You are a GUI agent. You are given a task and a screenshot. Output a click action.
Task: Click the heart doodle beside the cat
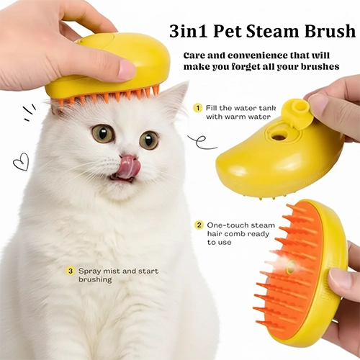pos(21,162)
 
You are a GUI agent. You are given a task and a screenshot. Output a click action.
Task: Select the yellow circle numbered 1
pos(198,108)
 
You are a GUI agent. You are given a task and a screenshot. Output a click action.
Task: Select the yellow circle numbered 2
pos(199,225)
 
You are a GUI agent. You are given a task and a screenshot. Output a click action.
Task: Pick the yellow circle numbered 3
pos(70,271)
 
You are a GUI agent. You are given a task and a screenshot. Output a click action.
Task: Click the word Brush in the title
pos(330,31)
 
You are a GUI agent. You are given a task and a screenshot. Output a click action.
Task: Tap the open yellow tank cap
pos(294,111)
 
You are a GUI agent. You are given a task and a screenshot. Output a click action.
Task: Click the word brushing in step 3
pos(95,280)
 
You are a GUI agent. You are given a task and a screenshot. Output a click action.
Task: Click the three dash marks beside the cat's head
pos(29,112)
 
